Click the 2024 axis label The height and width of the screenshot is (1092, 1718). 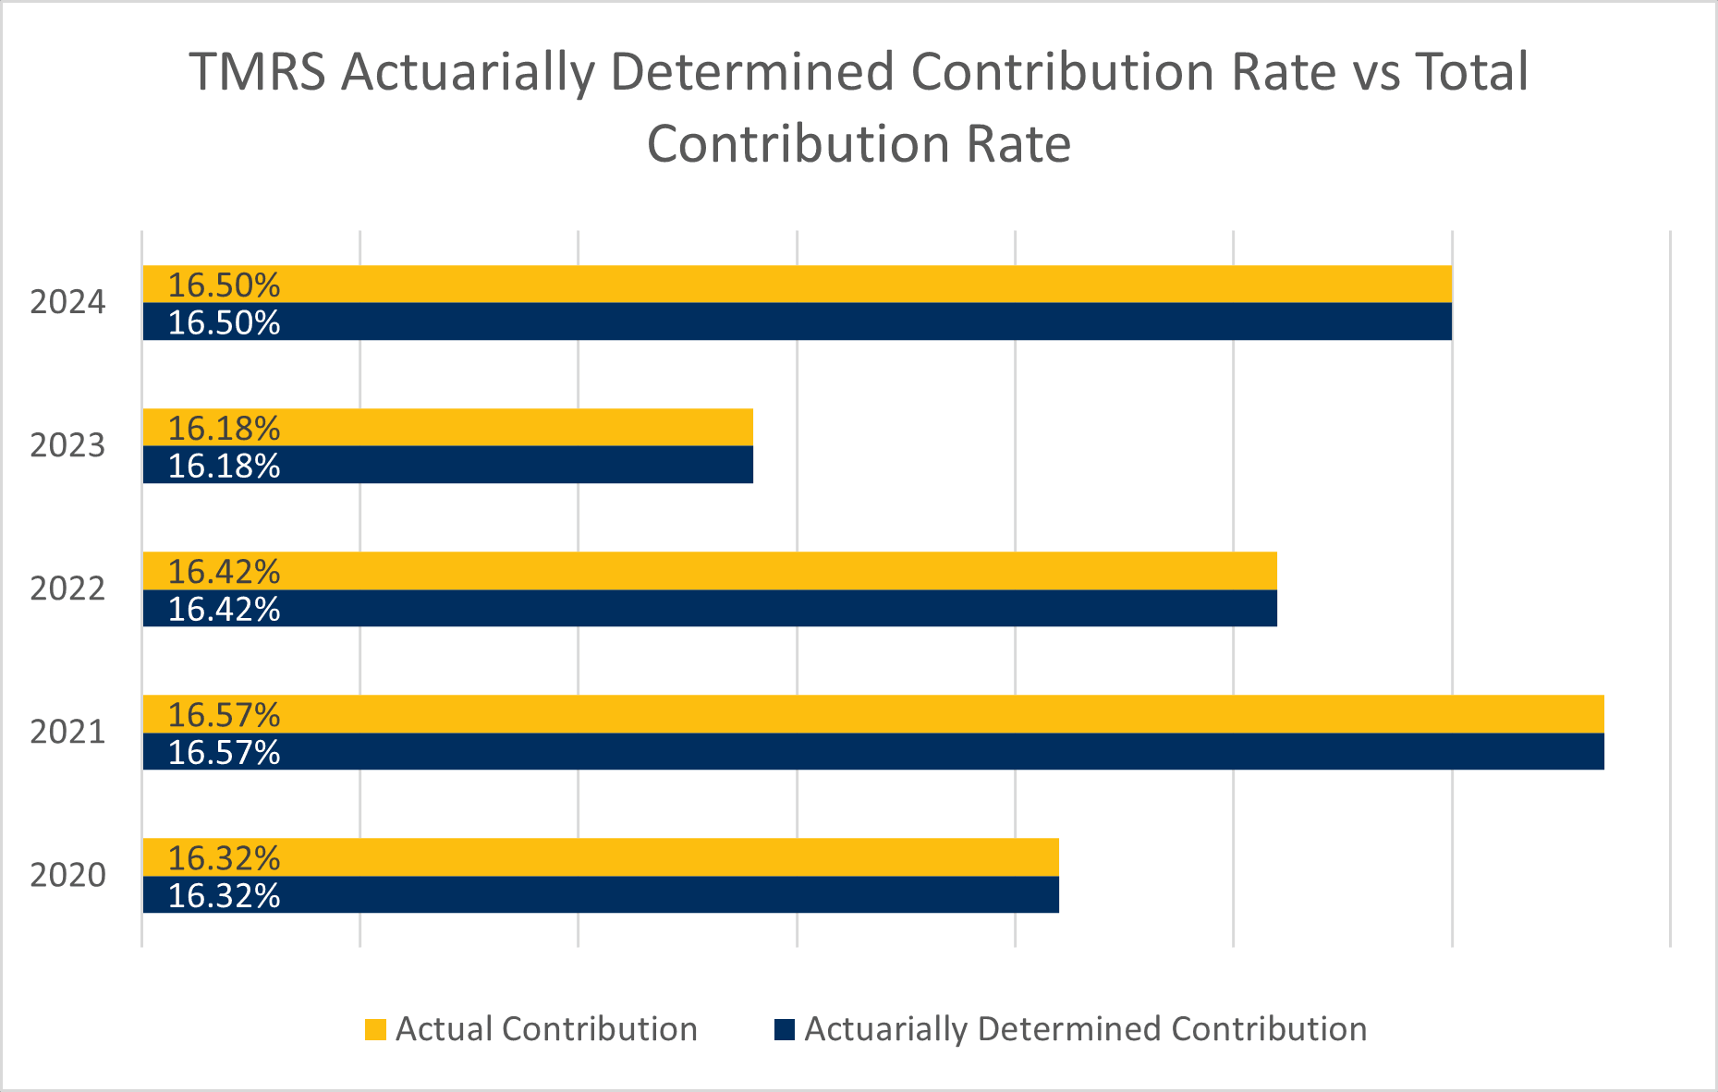pos(67,303)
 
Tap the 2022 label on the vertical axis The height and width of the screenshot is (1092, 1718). pos(67,589)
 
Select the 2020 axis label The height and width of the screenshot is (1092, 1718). pos(67,876)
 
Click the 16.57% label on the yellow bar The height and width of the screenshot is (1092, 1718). pos(224,715)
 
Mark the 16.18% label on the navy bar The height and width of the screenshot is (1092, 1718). pos(224,467)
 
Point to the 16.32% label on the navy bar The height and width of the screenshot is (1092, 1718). pos(224,896)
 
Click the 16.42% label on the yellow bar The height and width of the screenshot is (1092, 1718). pos(224,572)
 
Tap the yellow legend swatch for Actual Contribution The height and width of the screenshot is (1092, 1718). pos(375,1029)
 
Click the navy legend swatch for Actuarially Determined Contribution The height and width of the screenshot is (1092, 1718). pos(784,1029)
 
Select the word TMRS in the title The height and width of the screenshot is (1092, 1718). pos(258,73)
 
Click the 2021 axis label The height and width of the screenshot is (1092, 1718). pos(67,733)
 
